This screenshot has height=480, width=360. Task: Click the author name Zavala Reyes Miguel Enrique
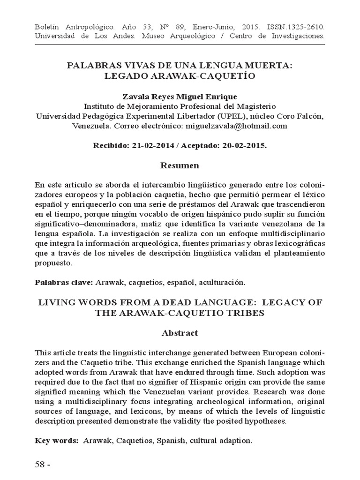point(180,97)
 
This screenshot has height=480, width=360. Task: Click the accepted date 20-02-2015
point(239,145)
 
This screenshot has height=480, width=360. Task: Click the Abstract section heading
point(180,333)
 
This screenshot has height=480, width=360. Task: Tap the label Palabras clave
point(64,282)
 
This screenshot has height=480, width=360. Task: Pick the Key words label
point(56,441)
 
